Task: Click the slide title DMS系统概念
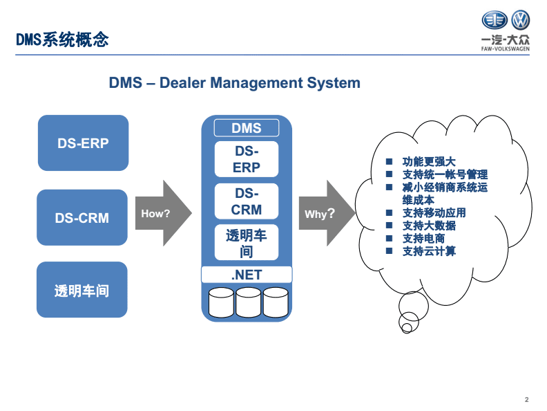coord(63,39)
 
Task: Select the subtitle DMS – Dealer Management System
coord(234,83)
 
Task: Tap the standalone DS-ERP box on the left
coord(83,143)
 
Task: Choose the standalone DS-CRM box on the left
coord(82,217)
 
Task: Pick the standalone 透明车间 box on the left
coord(82,290)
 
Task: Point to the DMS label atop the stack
coord(247,128)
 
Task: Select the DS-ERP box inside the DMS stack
coord(247,159)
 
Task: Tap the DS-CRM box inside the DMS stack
coord(247,201)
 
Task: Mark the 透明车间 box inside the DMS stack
coord(247,244)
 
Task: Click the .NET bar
coord(247,275)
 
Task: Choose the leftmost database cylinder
coord(221,301)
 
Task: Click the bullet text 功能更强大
coord(429,162)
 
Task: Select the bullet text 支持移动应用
coord(434,212)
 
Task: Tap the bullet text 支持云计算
coord(429,251)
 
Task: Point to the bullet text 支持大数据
coord(429,226)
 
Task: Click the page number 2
coord(526,399)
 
